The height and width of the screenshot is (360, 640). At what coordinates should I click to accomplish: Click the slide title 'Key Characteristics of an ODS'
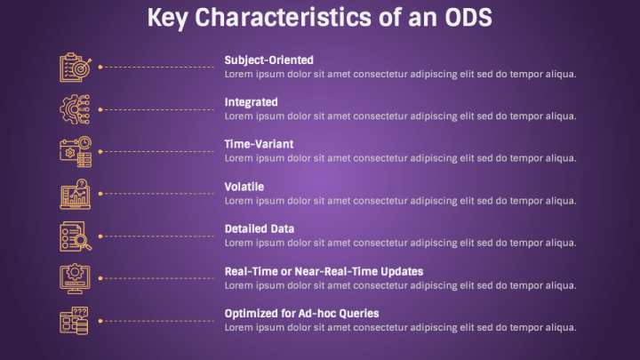point(320,18)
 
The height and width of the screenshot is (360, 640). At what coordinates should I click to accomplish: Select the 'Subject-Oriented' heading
point(269,60)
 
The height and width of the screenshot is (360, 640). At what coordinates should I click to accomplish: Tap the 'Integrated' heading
point(251,102)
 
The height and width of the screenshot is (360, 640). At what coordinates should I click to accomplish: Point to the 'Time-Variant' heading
point(259,144)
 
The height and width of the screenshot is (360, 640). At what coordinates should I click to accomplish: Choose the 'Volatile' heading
point(244,187)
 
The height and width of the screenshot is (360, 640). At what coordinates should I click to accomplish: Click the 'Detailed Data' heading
point(260,228)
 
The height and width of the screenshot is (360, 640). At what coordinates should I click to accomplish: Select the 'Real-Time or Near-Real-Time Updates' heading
point(324,271)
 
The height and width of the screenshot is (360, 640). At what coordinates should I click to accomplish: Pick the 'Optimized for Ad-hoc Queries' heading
point(301,314)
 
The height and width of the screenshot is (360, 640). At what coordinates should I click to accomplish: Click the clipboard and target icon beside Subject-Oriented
point(76,68)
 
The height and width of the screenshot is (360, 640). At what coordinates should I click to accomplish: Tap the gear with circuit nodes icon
point(75,109)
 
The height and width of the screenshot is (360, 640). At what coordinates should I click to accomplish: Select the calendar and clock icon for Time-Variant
point(76,152)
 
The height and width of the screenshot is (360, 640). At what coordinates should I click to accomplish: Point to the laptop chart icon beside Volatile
point(75,194)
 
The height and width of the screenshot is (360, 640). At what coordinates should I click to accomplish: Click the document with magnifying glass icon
point(76,236)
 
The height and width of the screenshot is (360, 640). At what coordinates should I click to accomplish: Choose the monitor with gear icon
point(75,278)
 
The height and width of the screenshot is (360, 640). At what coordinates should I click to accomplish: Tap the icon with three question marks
point(74,321)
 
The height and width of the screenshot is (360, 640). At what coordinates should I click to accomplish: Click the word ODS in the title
point(468,18)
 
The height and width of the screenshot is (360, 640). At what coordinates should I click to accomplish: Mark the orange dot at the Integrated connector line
point(100,109)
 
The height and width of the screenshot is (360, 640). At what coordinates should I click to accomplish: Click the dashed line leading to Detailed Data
point(158,236)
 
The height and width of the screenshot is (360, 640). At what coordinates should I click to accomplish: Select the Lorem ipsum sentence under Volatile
point(400,201)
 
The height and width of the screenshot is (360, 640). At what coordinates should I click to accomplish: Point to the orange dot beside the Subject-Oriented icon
point(100,67)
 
